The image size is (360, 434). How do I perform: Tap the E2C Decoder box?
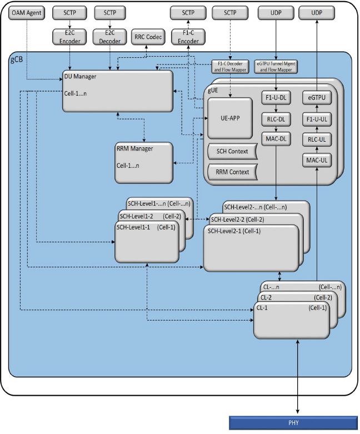109,37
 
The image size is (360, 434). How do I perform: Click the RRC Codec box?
147,38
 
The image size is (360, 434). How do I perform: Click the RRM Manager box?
144,163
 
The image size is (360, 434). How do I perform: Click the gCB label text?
18,59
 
